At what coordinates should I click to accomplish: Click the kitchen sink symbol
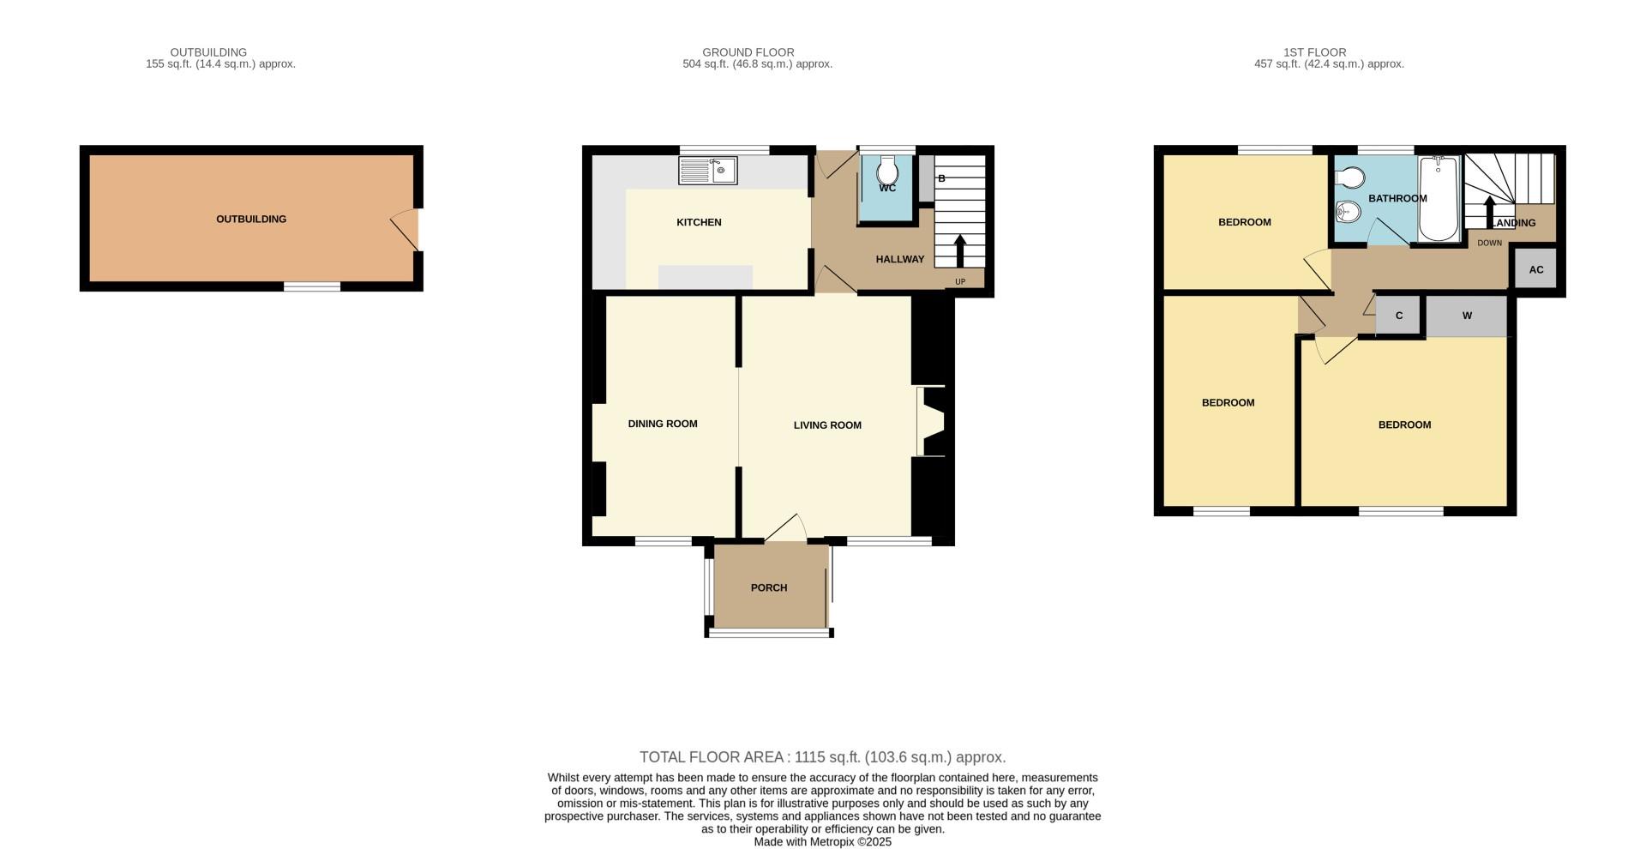[x=707, y=170]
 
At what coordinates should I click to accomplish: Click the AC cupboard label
[x=1535, y=269]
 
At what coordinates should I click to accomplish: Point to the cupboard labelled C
[x=1399, y=316]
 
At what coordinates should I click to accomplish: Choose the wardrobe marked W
[x=1467, y=316]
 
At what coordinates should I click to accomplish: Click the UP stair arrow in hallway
[x=959, y=250]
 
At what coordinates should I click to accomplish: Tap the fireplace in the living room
[x=932, y=422]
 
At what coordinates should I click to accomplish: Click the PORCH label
[x=768, y=587]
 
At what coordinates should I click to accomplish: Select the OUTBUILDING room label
[x=251, y=219]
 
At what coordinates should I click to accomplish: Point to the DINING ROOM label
[x=663, y=424]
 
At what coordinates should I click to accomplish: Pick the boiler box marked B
[x=927, y=179]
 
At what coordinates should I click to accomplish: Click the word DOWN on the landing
[x=1489, y=243]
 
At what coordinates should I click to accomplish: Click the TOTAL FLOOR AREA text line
[x=822, y=757]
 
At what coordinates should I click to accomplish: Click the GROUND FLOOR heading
[x=748, y=52]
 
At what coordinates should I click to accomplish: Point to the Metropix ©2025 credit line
[x=822, y=842]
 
